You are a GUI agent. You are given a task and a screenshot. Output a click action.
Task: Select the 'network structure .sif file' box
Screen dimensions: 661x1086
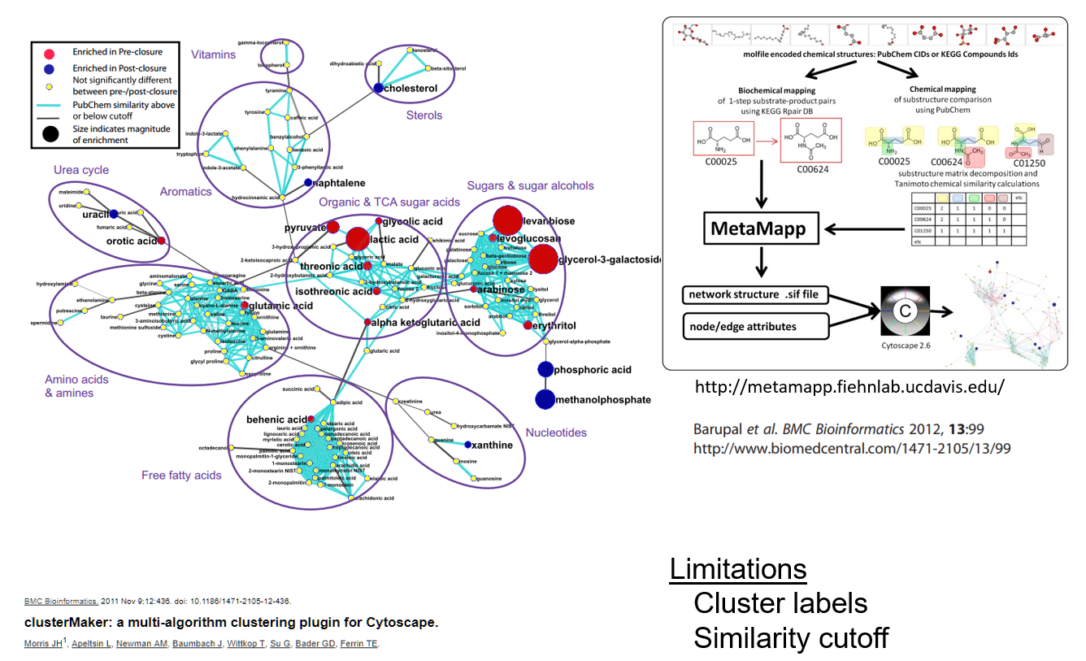click(755, 294)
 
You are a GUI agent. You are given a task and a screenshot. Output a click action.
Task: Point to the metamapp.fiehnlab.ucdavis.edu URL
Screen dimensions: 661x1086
click(849, 387)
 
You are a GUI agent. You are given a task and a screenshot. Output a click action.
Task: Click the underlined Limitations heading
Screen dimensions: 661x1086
click(738, 569)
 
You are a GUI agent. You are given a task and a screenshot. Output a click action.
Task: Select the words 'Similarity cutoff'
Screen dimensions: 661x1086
click(790, 638)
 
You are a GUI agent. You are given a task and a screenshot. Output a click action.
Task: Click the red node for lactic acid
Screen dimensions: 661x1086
click(358, 238)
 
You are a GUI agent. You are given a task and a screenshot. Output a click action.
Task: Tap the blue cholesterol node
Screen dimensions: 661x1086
click(379, 88)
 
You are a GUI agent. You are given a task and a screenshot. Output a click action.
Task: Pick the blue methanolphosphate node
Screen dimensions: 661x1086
click(545, 399)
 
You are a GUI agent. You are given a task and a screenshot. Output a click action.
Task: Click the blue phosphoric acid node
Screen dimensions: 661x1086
click(545, 370)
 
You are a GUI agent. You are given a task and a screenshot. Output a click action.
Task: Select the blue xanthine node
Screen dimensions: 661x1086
click(468, 445)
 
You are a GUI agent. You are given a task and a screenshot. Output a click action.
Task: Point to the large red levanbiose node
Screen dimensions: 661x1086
click(506, 220)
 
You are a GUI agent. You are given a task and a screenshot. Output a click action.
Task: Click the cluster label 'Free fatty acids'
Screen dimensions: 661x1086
click(181, 476)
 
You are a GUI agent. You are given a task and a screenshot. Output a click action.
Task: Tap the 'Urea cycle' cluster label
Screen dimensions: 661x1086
click(81, 170)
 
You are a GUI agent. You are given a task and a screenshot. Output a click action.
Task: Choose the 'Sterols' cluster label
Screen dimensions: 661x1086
click(424, 115)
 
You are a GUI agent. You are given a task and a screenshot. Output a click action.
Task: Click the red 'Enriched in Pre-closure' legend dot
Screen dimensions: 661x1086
click(50, 52)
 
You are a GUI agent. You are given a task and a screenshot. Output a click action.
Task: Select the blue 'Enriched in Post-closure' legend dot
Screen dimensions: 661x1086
click(50, 68)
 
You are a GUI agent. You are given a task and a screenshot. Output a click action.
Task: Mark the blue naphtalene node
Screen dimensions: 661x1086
click(308, 183)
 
